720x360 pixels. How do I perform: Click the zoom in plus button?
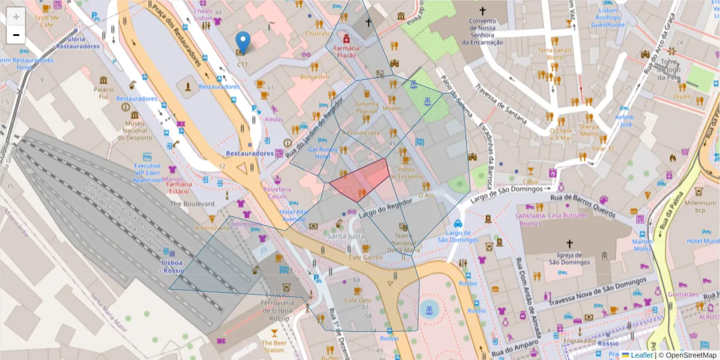click(16, 16)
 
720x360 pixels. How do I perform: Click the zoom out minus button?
click(16, 35)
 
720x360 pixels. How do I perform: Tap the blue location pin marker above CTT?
click(242, 42)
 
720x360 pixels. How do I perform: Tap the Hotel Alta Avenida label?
click(292, 215)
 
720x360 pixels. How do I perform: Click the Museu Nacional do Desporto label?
click(136, 130)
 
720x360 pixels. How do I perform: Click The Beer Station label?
click(274, 346)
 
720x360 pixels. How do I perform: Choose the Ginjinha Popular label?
click(367, 107)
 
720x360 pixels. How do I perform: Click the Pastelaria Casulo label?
click(278, 193)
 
